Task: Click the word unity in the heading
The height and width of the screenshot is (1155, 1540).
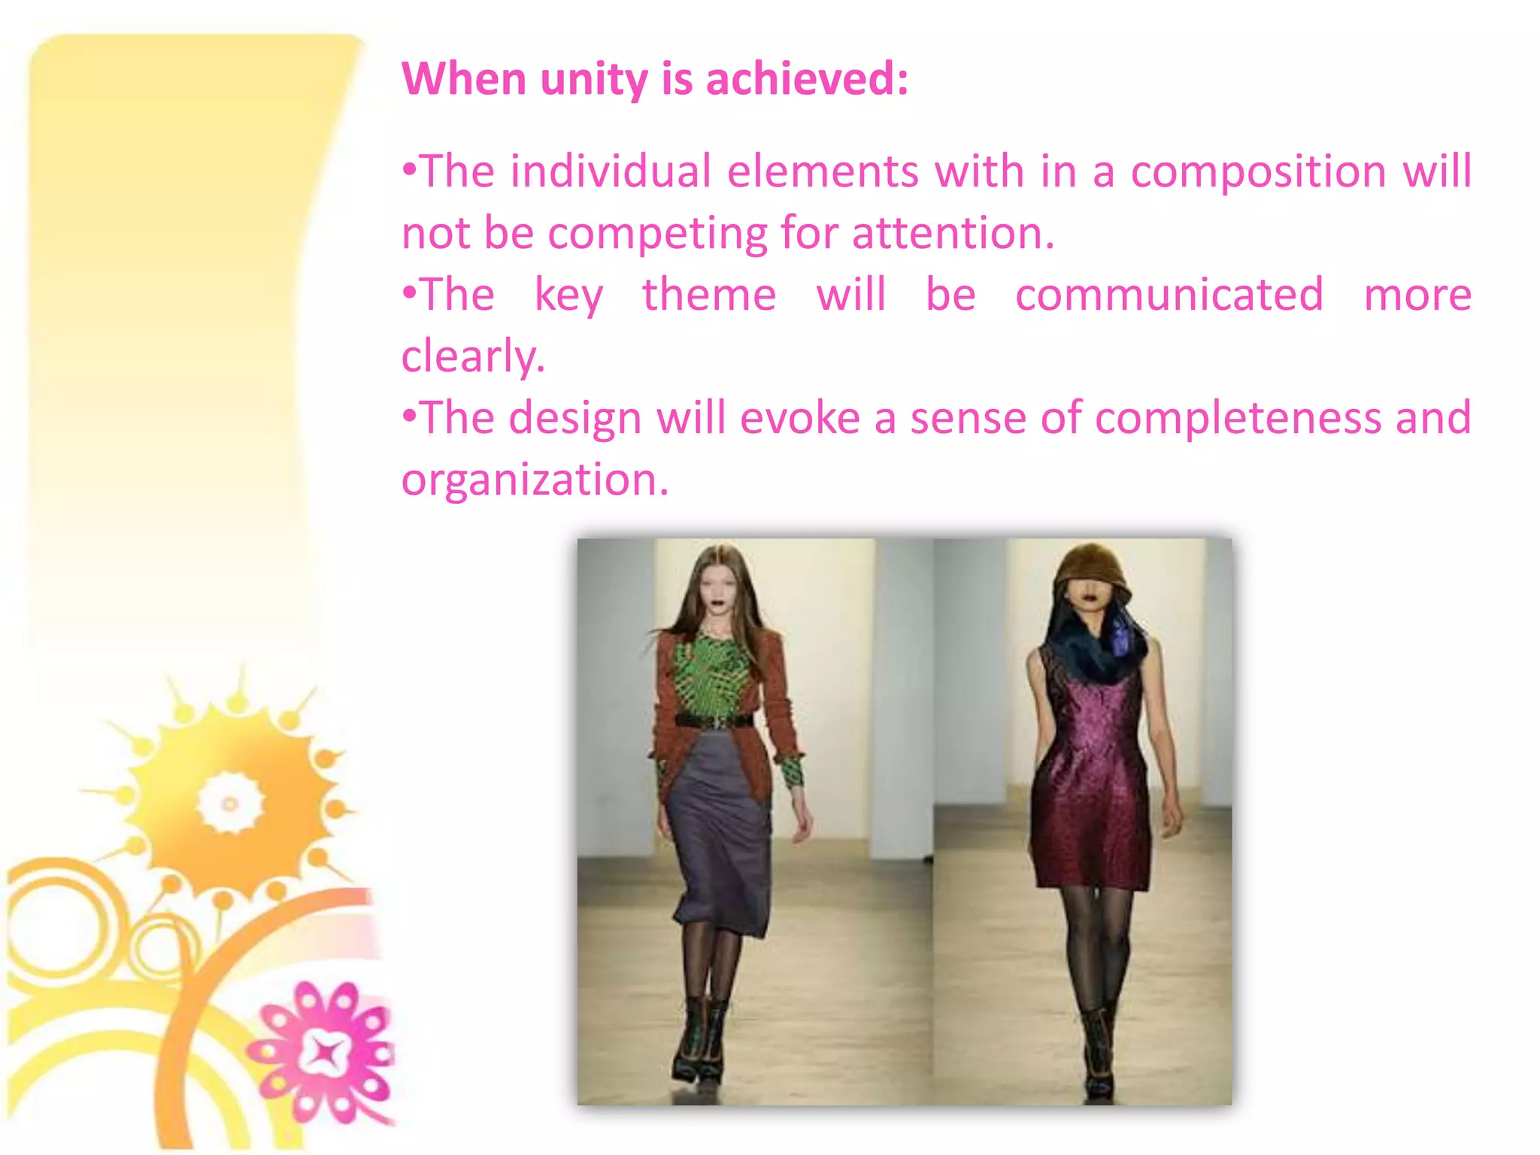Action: coord(593,79)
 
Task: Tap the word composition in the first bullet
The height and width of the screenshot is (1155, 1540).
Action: coord(1258,171)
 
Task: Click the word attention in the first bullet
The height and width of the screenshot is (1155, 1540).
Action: coord(953,232)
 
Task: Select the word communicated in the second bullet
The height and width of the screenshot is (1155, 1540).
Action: coord(1169,294)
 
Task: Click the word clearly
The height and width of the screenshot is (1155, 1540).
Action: coord(472,356)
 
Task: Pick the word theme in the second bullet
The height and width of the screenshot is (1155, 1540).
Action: coord(708,294)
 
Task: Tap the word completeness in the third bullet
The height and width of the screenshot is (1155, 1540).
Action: coord(1237,417)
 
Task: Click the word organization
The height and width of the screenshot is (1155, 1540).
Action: coord(534,479)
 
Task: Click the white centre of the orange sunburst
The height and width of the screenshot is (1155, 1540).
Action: coord(230,804)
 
